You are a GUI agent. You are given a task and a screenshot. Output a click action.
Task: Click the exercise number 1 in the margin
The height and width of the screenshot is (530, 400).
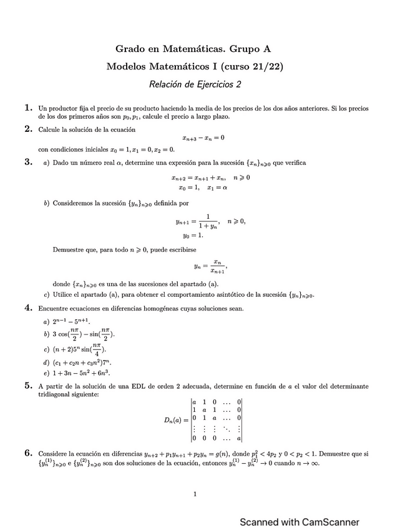click(28, 107)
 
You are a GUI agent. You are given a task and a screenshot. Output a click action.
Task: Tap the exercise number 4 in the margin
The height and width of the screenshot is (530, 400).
click(28, 307)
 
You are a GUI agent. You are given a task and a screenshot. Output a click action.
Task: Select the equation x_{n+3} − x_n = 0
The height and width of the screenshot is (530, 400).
click(203, 138)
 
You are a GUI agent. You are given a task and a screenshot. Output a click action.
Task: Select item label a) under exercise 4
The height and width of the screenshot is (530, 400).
click(46, 321)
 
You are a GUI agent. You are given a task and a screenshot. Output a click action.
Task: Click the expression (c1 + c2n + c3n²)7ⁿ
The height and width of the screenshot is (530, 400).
click(87, 362)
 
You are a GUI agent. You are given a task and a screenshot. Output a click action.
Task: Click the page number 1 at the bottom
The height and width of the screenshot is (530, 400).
click(195, 494)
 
